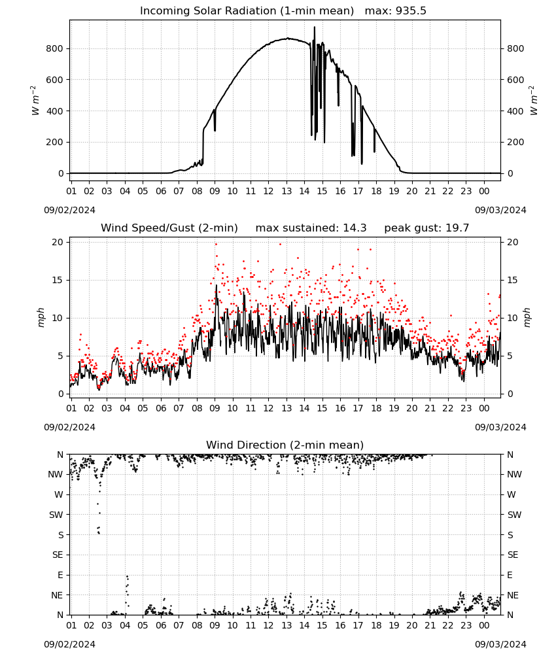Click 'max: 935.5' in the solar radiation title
(x=396, y=11)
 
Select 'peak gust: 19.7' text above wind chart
(x=426, y=228)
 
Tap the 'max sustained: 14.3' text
(x=311, y=228)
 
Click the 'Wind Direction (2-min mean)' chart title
(x=285, y=445)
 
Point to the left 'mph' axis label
(x=41, y=317)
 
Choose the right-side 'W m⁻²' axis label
(x=534, y=100)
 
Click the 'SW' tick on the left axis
(x=56, y=515)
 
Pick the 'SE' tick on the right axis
(x=513, y=555)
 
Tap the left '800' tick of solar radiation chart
(x=55, y=48)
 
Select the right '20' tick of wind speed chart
(x=513, y=243)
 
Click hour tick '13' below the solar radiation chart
(x=287, y=191)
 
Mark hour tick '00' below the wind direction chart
(x=484, y=625)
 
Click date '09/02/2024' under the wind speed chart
(x=69, y=427)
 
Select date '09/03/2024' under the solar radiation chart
(x=500, y=210)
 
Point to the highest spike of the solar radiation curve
(x=315, y=27)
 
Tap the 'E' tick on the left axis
(x=60, y=575)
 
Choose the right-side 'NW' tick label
(x=514, y=474)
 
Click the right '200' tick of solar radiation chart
(x=515, y=142)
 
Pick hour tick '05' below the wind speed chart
(x=143, y=408)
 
